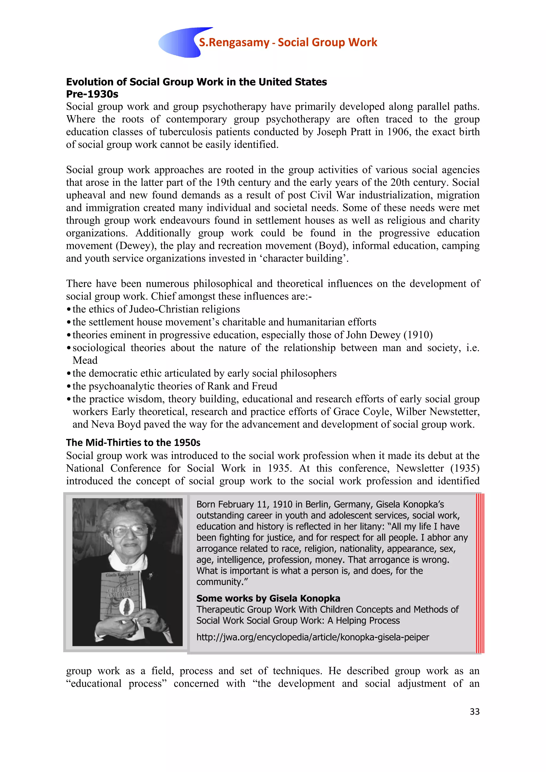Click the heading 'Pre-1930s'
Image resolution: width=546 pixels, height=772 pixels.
(92, 94)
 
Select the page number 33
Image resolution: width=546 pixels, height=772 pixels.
(474, 711)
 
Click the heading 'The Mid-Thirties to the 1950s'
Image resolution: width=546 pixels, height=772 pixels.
(133, 443)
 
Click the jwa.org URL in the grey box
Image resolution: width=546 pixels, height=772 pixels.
(313, 637)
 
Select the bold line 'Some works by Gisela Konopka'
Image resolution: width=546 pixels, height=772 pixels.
(268, 598)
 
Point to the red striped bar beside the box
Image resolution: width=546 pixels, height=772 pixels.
(480, 573)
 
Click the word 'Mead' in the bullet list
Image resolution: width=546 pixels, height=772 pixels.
(85, 360)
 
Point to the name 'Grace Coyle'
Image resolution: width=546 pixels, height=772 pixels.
(361, 412)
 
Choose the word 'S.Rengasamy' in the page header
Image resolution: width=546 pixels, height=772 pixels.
(234, 42)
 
